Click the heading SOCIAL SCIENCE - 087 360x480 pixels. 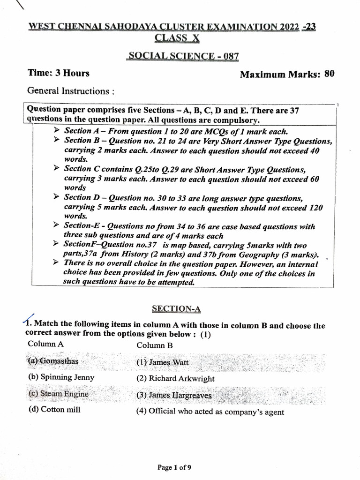pyautogui.click(x=183, y=56)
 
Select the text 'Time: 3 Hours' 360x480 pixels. pyautogui.click(x=59, y=73)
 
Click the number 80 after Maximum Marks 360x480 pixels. pyautogui.click(x=329, y=74)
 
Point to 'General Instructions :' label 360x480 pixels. pyautogui.click(x=71, y=91)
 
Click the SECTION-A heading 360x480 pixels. pyautogui.click(x=176, y=308)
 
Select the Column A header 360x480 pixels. pyautogui.click(x=45, y=344)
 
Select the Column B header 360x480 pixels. pyautogui.click(x=155, y=345)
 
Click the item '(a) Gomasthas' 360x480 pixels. pyautogui.click(x=53, y=361)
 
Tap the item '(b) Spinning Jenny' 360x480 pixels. pyautogui.click(x=61, y=377)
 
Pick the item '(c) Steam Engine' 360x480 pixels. pyautogui.click(x=58, y=394)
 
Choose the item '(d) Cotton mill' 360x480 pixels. pyautogui.click(x=54, y=410)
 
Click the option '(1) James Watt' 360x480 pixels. pyautogui.click(x=162, y=362)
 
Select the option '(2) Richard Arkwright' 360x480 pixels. pyautogui.click(x=175, y=378)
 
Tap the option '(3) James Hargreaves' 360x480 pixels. pyautogui.click(x=173, y=395)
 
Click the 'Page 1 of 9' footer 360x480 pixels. pyautogui.click(x=174, y=467)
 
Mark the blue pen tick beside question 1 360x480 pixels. pyautogui.click(x=29, y=319)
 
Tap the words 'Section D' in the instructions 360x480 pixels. pyautogui.click(x=77, y=197)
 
